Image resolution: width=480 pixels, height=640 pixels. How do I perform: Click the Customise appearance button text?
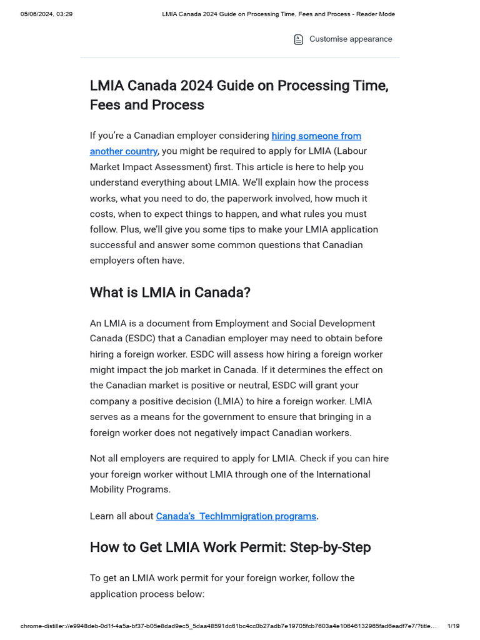pos(351,39)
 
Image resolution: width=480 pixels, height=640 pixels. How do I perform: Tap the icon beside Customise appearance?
pos(299,40)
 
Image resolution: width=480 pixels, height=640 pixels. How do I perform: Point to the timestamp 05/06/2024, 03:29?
pos(46,14)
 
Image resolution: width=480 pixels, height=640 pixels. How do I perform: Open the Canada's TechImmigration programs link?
pos(236,516)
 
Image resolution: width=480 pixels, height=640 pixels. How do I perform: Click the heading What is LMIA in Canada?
pos(170,292)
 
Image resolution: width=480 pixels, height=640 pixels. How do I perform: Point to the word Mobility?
pos(109,489)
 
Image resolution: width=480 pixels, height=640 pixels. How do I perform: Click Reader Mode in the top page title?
pos(374,14)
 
